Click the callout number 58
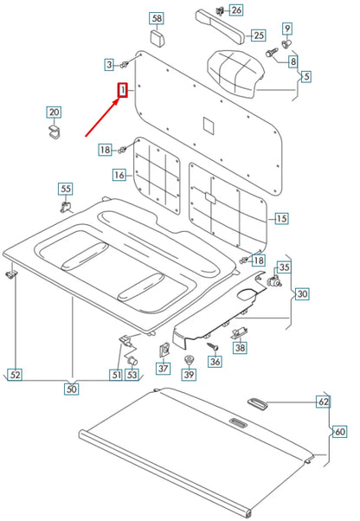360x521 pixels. click(157, 17)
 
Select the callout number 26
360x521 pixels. click(236, 10)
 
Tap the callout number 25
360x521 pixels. click(258, 35)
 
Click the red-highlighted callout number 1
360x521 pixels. click(123, 90)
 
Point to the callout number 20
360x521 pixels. click(54, 112)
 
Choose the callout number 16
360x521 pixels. click(119, 176)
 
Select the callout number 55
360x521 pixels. click(66, 189)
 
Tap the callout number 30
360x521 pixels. click(302, 293)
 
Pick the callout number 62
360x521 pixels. click(323, 402)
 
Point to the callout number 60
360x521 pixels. click(339, 430)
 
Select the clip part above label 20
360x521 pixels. click(54, 131)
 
